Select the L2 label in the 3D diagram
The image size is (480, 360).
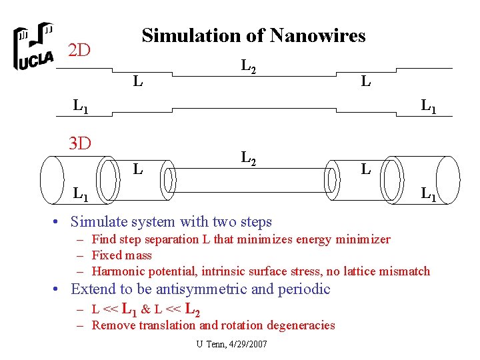point(248,159)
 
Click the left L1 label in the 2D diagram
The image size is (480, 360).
point(81,106)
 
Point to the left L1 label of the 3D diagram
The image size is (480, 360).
point(81,195)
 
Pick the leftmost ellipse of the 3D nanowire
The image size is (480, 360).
point(52,178)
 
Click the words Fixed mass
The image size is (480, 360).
point(121,255)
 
